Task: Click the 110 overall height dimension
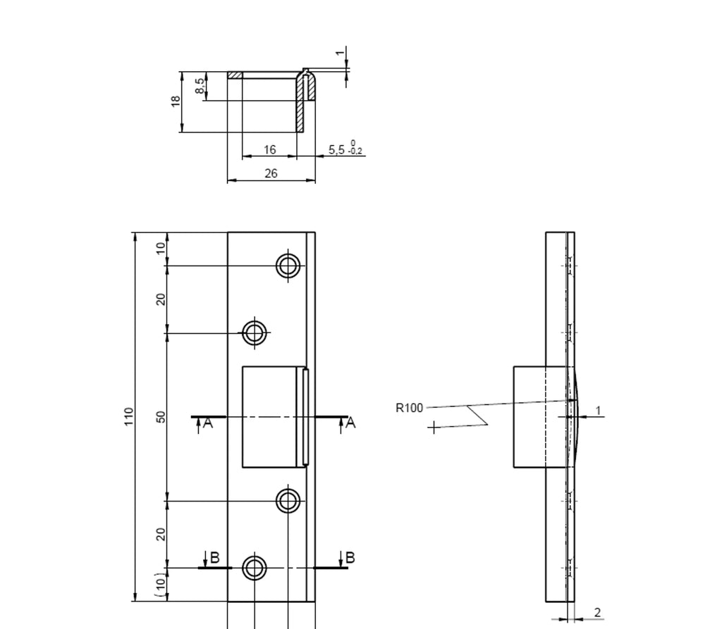click(129, 416)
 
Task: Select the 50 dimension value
click(161, 416)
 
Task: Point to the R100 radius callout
click(409, 407)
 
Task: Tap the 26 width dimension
click(271, 173)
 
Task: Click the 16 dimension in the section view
click(269, 149)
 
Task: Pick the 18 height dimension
click(176, 101)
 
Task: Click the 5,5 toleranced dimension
click(345, 149)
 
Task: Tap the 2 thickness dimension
click(597, 612)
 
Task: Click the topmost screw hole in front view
click(288, 266)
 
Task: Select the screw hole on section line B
click(255, 567)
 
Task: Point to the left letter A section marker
click(207, 423)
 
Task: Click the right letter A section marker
click(350, 423)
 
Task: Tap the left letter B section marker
click(215, 559)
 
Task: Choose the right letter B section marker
click(349, 558)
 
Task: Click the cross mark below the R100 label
click(433, 426)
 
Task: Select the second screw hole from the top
click(255, 332)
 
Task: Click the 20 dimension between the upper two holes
click(161, 299)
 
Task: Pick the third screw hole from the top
click(288, 501)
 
